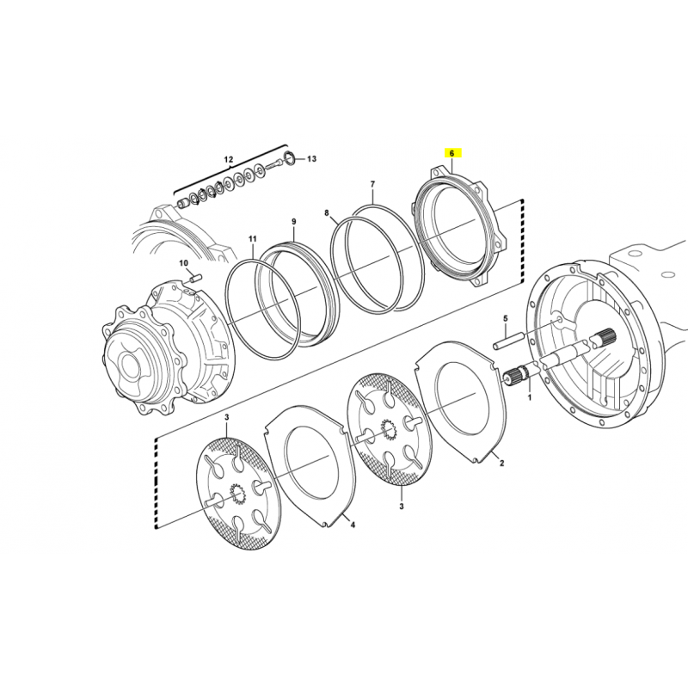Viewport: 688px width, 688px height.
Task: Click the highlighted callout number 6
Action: click(x=452, y=154)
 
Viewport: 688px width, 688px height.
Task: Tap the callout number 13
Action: click(x=311, y=159)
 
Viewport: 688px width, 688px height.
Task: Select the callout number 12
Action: click(x=229, y=160)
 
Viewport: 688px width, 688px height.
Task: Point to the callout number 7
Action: click(x=372, y=183)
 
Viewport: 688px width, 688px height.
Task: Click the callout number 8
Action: click(x=327, y=212)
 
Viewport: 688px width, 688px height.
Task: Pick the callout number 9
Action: click(x=294, y=222)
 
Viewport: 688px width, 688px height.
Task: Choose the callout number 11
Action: click(x=252, y=239)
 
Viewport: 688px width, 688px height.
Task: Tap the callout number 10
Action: click(x=183, y=263)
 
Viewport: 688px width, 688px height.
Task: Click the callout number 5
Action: click(x=505, y=318)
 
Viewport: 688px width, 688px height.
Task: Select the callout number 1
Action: click(x=529, y=397)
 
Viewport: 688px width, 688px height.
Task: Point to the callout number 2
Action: click(x=502, y=463)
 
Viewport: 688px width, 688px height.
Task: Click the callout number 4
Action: click(x=353, y=525)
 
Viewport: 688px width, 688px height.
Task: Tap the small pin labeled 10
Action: click(x=195, y=278)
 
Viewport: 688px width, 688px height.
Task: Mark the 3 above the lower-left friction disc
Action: click(x=227, y=417)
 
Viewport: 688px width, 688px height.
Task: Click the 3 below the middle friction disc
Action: click(x=402, y=507)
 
